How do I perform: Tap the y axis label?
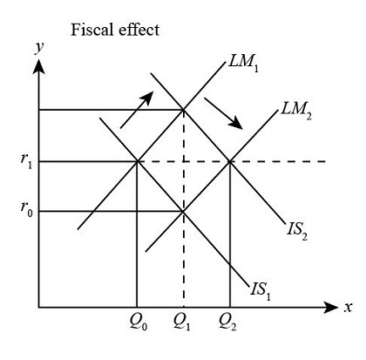pyautogui.click(x=38, y=48)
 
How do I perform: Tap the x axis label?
pyautogui.click(x=347, y=307)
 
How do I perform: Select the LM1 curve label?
pyautogui.click(x=247, y=65)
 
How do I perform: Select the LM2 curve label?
pyautogui.click(x=297, y=112)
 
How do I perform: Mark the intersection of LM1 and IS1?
pyautogui.click(x=137, y=161)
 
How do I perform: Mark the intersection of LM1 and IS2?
pyautogui.click(x=182, y=110)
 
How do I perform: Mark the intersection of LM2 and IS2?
pyautogui.click(x=229, y=161)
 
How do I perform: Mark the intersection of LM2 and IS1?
pyautogui.click(x=182, y=211)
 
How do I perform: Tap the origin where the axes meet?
pyautogui.click(x=38, y=307)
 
